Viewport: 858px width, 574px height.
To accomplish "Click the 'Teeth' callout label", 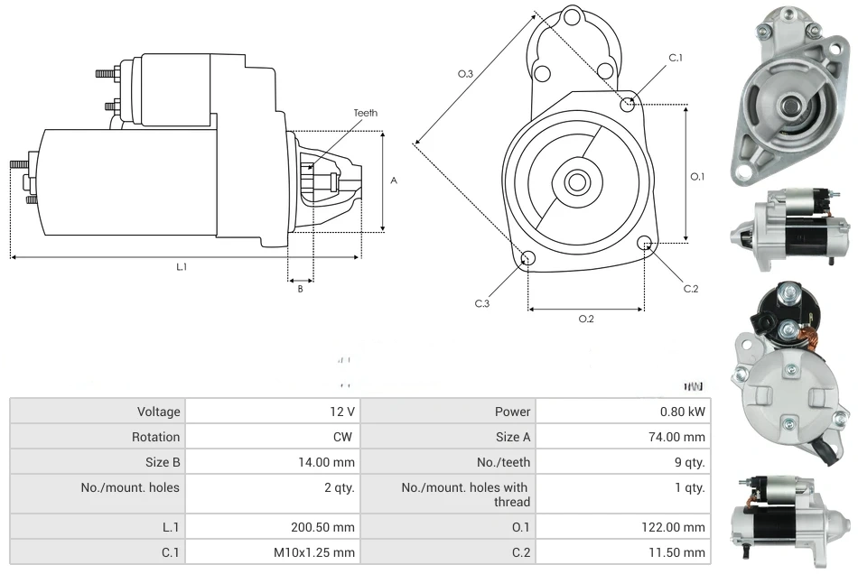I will (x=365, y=113).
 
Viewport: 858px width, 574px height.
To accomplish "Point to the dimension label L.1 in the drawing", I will (x=182, y=266).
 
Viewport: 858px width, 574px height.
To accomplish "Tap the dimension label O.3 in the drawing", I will (x=466, y=74).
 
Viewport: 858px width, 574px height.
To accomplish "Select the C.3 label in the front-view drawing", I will (x=482, y=303).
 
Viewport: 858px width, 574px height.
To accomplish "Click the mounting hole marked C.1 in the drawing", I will (x=628, y=105).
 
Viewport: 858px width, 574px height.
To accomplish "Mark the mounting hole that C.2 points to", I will (x=645, y=243).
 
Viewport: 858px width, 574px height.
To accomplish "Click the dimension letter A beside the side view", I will (x=394, y=181).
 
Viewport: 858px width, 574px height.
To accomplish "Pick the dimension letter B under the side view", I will (x=301, y=289).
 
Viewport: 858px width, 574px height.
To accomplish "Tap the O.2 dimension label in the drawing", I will (x=585, y=319).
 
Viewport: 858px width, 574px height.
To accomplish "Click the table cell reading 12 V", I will (x=341, y=412).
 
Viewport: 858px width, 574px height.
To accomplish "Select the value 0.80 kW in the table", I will (x=684, y=412).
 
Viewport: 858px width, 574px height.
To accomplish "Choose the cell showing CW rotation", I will (x=345, y=437).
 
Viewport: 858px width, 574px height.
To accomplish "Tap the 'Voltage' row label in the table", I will (x=158, y=412).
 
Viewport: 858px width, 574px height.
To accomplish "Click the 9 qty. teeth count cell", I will (x=689, y=462).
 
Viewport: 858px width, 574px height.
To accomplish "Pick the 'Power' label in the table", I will (x=512, y=412).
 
